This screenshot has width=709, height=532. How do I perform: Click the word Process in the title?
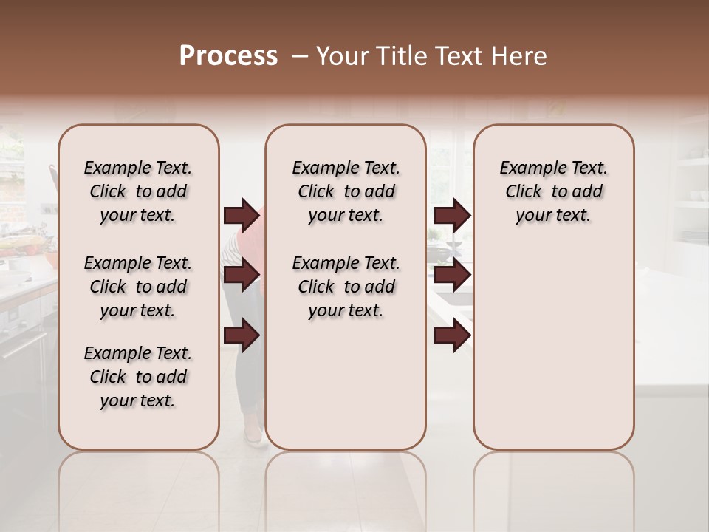click(228, 56)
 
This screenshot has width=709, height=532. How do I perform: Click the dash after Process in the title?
click(301, 57)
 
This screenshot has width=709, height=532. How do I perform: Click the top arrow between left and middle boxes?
click(242, 216)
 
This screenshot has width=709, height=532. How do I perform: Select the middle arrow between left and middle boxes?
click(242, 276)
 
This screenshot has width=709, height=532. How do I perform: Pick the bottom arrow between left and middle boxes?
click(242, 335)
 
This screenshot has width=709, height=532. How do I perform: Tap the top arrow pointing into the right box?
click(452, 216)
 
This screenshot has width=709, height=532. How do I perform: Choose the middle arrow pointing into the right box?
click(452, 276)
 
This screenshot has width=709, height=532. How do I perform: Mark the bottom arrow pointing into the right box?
click(452, 335)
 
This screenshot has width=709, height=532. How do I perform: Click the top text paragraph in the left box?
click(138, 191)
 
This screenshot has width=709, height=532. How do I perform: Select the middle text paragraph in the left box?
click(138, 287)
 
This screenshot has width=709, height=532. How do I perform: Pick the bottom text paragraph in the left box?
click(138, 377)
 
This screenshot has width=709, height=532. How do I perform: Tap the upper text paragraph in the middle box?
click(346, 191)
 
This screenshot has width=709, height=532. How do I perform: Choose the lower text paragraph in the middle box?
click(346, 287)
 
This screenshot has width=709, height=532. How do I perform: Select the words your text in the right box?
click(553, 216)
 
